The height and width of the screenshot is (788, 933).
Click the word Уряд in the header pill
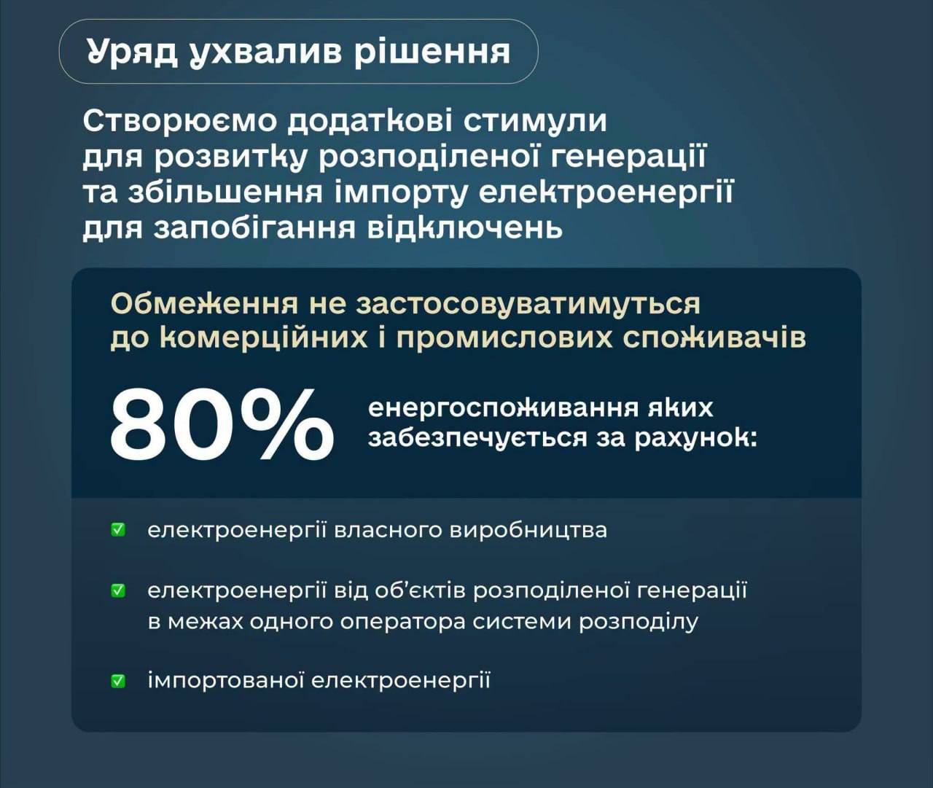[132, 52]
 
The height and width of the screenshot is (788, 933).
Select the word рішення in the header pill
[432, 52]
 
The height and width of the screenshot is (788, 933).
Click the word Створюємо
[179, 121]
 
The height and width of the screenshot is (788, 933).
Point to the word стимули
[535, 122]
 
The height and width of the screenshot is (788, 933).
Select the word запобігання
[254, 228]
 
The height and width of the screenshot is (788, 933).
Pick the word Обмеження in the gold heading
[204, 305]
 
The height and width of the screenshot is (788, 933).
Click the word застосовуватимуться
[528, 305]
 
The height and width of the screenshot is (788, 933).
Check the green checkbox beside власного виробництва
[118, 530]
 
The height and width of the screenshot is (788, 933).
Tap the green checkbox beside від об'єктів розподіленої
[118, 591]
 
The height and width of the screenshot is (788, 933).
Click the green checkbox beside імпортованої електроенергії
[118, 682]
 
